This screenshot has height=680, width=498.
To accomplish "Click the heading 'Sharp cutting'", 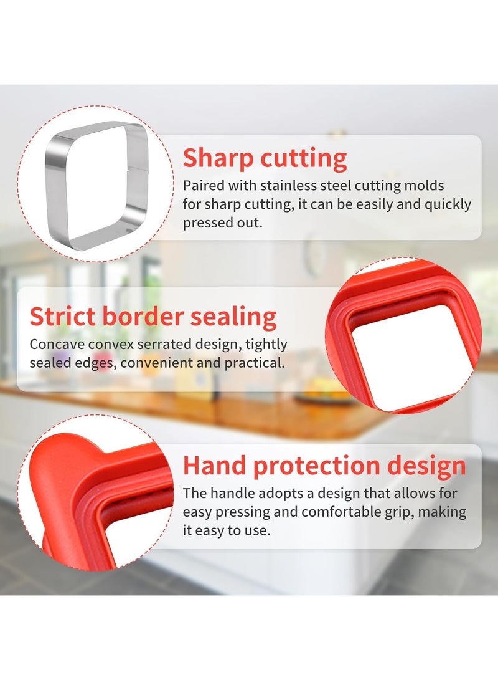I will coord(265,158).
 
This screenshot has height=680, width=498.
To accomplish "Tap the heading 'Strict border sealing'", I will coord(153,317).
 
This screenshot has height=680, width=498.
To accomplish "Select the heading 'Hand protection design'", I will coord(324,466).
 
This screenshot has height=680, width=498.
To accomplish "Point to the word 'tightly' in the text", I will coord(268,344).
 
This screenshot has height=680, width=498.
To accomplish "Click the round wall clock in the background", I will coord(315,256).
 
